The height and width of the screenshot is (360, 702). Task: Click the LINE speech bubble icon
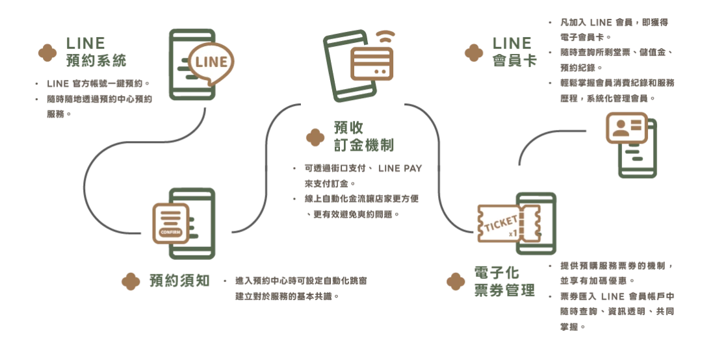[210, 63]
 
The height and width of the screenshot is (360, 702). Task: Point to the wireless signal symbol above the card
[388, 35]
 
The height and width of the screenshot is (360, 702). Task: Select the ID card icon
[625, 128]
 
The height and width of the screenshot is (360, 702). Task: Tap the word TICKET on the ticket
[501, 222]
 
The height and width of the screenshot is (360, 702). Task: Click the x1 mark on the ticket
[513, 232]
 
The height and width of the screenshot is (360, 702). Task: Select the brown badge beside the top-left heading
[45, 53]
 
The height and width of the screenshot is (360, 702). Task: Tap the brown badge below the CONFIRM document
[131, 281]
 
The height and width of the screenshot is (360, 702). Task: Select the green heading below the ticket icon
[504, 281]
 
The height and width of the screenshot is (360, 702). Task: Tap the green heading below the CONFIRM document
[179, 281]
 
